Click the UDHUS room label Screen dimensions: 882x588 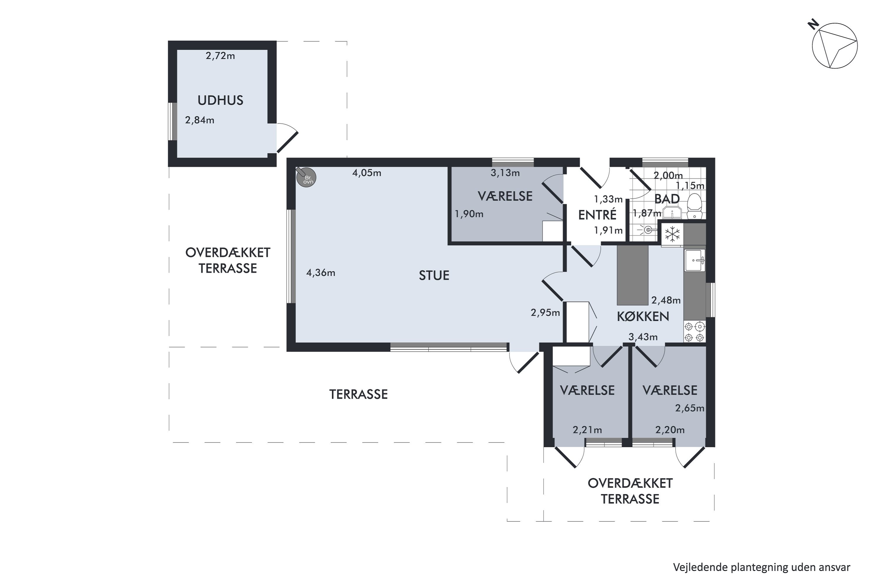tap(220, 100)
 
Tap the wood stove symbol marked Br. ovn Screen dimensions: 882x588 tap(306, 177)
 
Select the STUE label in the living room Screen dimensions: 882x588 tap(434, 276)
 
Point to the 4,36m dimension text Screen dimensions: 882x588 tap(321, 273)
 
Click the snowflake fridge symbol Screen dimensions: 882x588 tap(672, 235)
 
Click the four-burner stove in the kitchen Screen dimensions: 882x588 tap(694, 332)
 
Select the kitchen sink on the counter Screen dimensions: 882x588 tap(695, 260)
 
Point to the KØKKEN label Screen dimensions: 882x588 tap(643, 317)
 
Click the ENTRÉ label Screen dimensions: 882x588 tap(597, 215)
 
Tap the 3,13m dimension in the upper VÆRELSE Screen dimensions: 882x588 tap(505, 173)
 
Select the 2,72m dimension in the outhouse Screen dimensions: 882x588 tap(220, 56)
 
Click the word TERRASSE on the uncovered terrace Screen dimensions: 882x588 tap(358, 394)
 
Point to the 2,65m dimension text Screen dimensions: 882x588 tap(690, 408)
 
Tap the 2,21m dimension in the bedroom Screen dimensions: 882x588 tap(587, 430)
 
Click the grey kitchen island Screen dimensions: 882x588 tap(633, 275)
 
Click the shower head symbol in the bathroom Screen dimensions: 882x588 tap(648, 230)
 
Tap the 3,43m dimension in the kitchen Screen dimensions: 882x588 tap(643, 337)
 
